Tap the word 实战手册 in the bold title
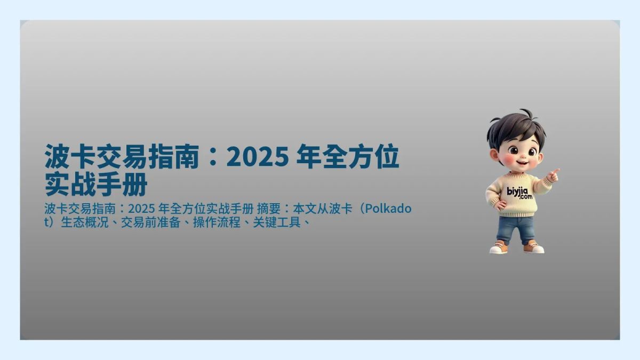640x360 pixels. click(x=96, y=185)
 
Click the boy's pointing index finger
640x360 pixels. click(x=556, y=172)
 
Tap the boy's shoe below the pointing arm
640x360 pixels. click(x=533, y=248)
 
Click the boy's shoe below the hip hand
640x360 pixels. click(x=499, y=248)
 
